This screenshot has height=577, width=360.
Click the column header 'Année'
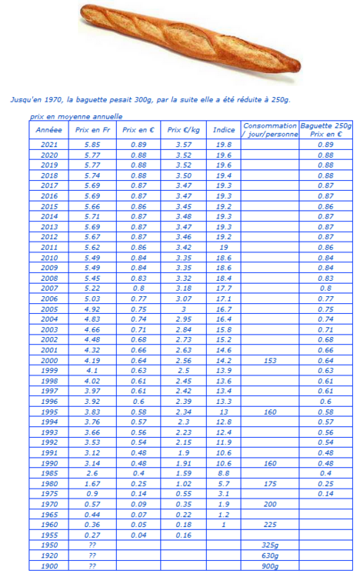(x=48, y=130)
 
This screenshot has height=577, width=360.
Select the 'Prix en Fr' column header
(x=92, y=130)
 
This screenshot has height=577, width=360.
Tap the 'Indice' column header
(x=223, y=130)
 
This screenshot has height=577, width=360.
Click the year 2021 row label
(x=48, y=144)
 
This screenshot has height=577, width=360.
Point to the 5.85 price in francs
(x=92, y=144)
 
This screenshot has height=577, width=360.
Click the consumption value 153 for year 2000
(x=270, y=360)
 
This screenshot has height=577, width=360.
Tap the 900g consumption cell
(x=270, y=565)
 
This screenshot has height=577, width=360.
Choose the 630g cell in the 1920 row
(x=270, y=555)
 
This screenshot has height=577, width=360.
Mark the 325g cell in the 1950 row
(x=270, y=544)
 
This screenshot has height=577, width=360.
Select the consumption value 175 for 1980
(x=270, y=484)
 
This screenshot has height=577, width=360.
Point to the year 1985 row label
(x=48, y=473)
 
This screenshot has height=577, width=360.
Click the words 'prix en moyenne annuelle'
(x=75, y=116)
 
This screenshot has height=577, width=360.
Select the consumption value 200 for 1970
(x=270, y=503)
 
